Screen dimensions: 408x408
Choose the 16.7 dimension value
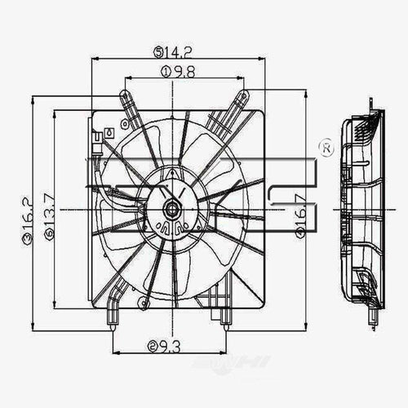(x=301, y=214)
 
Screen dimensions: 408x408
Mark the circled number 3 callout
(x=27, y=238)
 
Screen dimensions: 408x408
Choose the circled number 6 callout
(x=50, y=237)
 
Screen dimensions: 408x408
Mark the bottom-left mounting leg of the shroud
(x=114, y=314)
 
